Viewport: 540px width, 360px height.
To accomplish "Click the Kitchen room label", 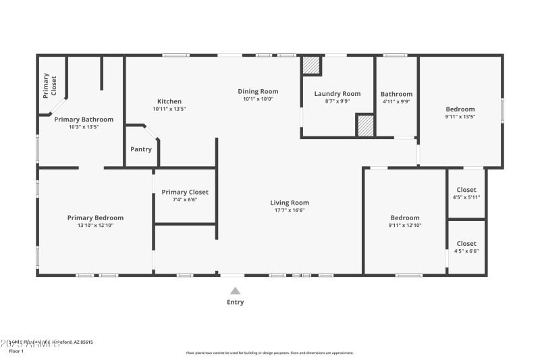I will tap(169, 101).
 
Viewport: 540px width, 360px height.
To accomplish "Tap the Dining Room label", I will tap(258, 91).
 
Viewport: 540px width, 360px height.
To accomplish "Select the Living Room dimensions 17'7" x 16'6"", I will tap(289, 210).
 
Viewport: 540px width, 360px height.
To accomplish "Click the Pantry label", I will tap(141, 149).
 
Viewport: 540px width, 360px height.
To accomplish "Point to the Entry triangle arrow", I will tap(235, 290).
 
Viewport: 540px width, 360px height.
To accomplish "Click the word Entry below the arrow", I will tap(235, 302).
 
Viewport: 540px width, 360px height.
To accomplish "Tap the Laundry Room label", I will tap(337, 93).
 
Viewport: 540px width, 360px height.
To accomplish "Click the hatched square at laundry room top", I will tap(310, 65).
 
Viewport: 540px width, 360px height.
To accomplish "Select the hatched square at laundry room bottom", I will tap(365, 126).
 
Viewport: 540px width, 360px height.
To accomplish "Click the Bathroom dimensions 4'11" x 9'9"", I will tap(396, 101).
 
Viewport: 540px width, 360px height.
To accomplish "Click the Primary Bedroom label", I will tap(95, 217).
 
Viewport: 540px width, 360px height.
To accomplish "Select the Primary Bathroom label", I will tap(84, 119).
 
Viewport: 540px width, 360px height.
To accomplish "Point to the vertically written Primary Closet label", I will tap(50, 86).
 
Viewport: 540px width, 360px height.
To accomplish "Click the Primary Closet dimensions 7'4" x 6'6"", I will tap(185, 199).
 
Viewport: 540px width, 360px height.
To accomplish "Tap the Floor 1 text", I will tap(16, 351).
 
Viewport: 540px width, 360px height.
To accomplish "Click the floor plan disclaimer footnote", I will tap(269, 353).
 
